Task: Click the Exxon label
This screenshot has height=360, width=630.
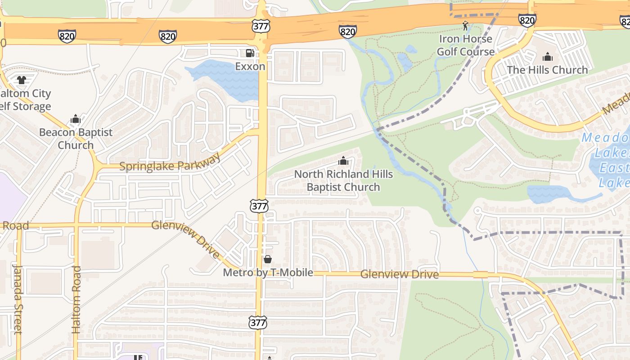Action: click(x=250, y=67)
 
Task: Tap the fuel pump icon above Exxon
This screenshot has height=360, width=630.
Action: click(x=250, y=53)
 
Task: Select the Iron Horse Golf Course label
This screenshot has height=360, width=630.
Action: click(x=465, y=45)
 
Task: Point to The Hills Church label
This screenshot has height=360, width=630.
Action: click(x=547, y=70)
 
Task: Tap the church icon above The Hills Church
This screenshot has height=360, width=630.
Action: click(x=547, y=57)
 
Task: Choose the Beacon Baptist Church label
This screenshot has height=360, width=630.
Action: click(x=76, y=139)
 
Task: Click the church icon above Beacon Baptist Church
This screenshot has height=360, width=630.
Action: click(x=76, y=119)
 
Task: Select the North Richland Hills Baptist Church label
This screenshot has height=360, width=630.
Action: click(x=343, y=180)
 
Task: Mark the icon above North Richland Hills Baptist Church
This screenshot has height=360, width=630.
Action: click(x=343, y=160)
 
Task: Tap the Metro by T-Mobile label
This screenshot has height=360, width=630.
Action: click(x=268, y=272)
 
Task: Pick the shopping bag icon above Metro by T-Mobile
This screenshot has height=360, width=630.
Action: click(x=268, y=259)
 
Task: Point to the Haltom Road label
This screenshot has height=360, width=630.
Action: click(x=76, y=299)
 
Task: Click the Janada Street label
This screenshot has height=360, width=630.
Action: click(x=17, y=299)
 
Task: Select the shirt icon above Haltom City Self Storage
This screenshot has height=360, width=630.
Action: click(x=22, y=80)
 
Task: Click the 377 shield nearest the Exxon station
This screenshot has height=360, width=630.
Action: click(x=261, y=26)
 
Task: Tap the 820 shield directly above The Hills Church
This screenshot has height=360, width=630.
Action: click(x=526, y=20)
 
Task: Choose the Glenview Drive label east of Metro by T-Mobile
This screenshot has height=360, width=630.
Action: click(x=399, y=274)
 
